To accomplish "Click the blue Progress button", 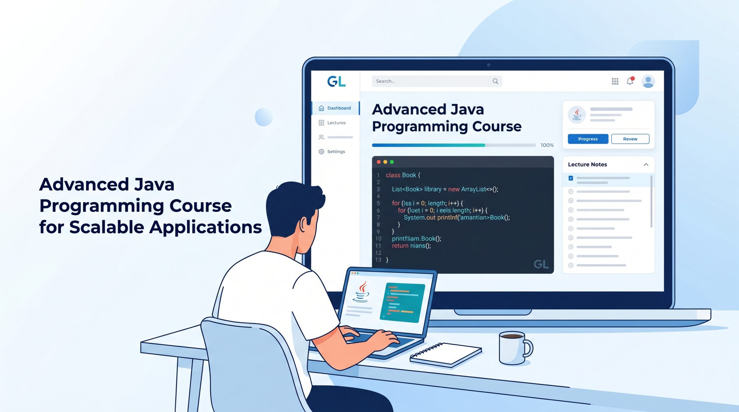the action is [x=588, y=139].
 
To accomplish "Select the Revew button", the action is [x=630, y=139].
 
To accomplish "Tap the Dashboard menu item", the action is [x=335, y=108].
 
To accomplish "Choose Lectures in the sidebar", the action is [x=332, y=123].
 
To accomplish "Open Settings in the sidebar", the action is [x=332, y=151].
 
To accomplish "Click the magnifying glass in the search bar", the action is [x=495, y=81].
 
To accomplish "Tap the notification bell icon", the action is [x=630, y=81].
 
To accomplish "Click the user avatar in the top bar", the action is [x=648, y=81].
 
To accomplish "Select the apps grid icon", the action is [x=615, y=81].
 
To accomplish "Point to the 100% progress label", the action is [x=547, y=145].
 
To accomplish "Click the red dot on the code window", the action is [x=379, y=162].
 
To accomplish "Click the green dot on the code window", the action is [x=392, y=162].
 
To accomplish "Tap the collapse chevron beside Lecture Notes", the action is [x=646, y=165].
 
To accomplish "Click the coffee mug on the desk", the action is [x=514, y=348].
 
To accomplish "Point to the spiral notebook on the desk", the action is [x=446, y=355].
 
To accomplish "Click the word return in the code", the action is [x=400, y=246].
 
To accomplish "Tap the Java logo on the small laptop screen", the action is [x=362, y=292].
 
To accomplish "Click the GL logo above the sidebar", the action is [x=336, y=81].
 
